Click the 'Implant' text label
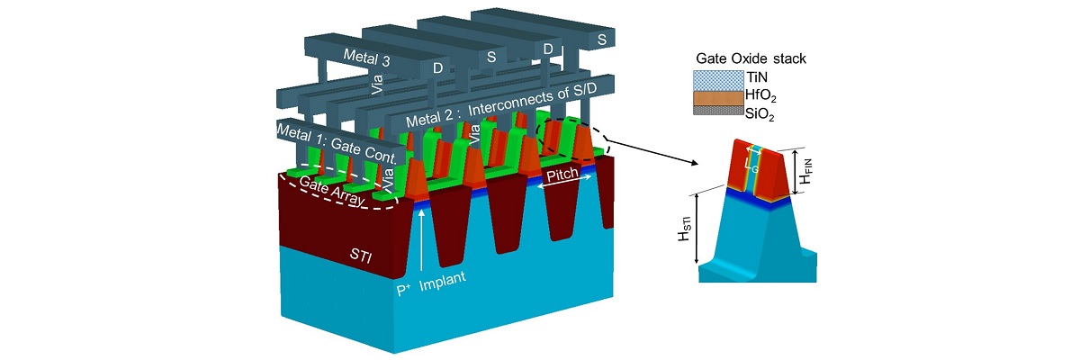pos(439,278)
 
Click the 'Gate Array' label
pos(332,192)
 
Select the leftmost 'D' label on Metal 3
pos(437,67)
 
